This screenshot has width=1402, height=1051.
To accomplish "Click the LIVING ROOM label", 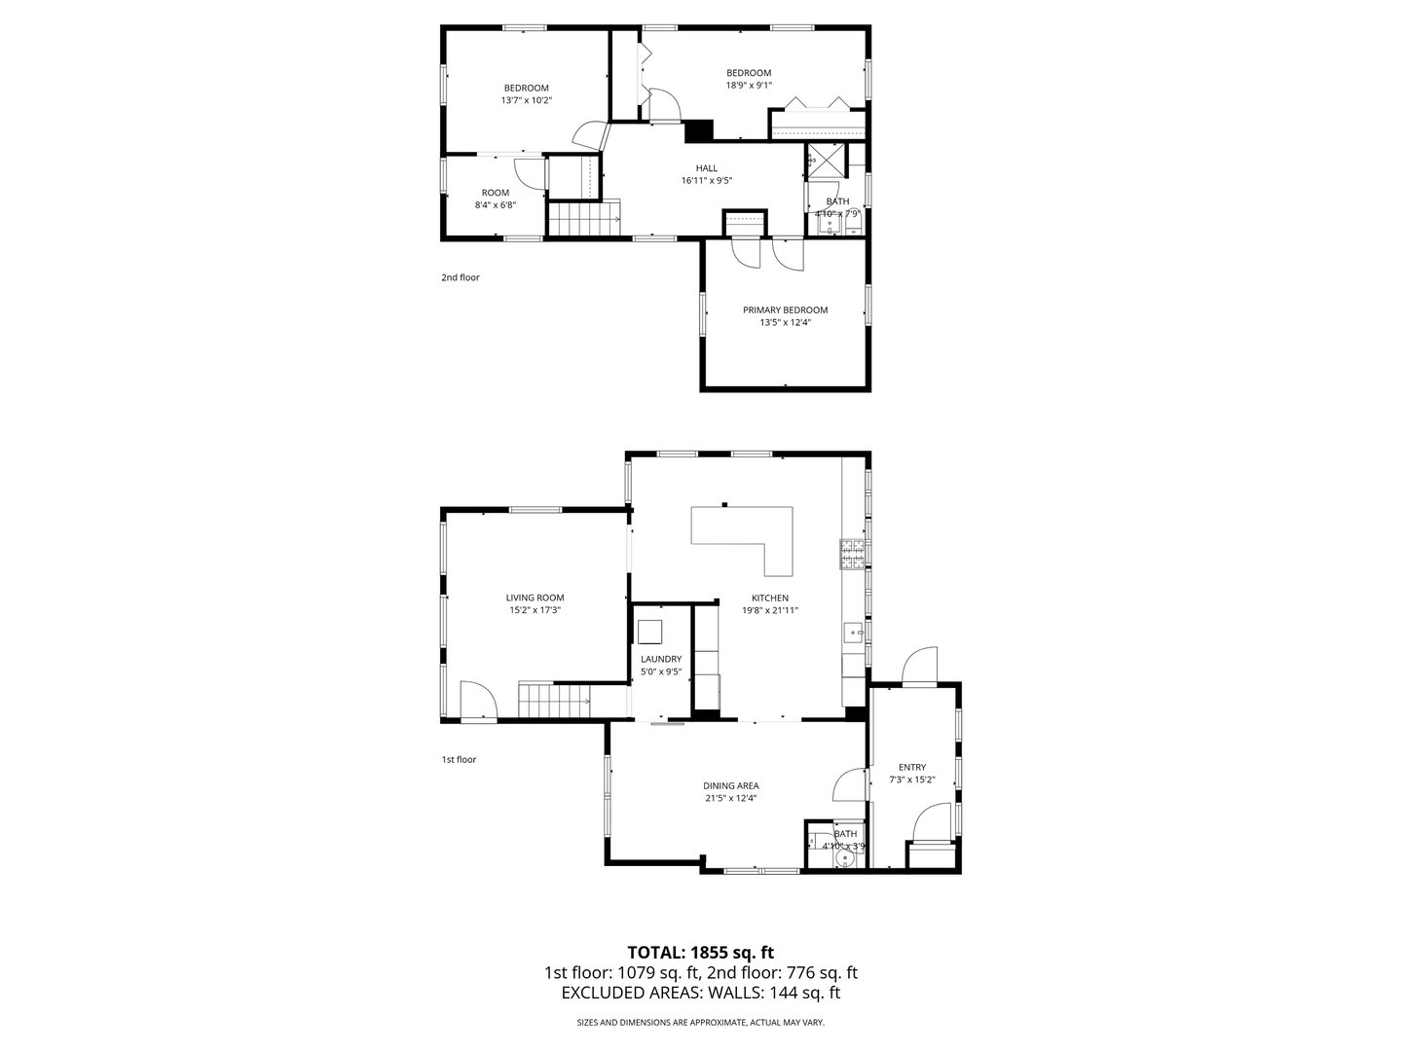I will tap(535, 598).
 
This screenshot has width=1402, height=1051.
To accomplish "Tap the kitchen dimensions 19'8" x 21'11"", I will tap(769, 610).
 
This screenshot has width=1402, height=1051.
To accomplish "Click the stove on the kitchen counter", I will tap(852, 554).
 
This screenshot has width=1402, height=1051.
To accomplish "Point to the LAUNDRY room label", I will tap(660, 659).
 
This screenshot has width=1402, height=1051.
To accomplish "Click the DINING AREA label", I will tap(730, 785).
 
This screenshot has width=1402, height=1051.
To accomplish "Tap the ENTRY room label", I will tap(912, 767).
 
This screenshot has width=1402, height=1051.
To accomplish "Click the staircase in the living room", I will tap(553, 701).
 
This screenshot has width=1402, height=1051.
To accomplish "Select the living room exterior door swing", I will tap(477, 700).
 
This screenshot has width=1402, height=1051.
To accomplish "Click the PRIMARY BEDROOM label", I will tap(785, 309).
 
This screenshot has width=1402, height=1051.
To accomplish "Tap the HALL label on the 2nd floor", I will tap(706, 168).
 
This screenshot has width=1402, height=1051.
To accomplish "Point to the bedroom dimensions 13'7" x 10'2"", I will tap(526, 100).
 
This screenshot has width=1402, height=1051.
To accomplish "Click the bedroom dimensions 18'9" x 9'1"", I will tap(749, 85).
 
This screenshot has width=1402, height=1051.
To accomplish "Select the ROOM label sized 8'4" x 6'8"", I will tap(495, 193).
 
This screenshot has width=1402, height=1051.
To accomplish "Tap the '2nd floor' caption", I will tap(460, 277).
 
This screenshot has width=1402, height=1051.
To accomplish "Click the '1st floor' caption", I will tap(459, 759).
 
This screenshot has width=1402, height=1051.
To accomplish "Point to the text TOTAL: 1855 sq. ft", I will tap(700, 952).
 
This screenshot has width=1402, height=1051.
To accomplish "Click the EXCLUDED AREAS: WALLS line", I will tap(700, 993).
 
